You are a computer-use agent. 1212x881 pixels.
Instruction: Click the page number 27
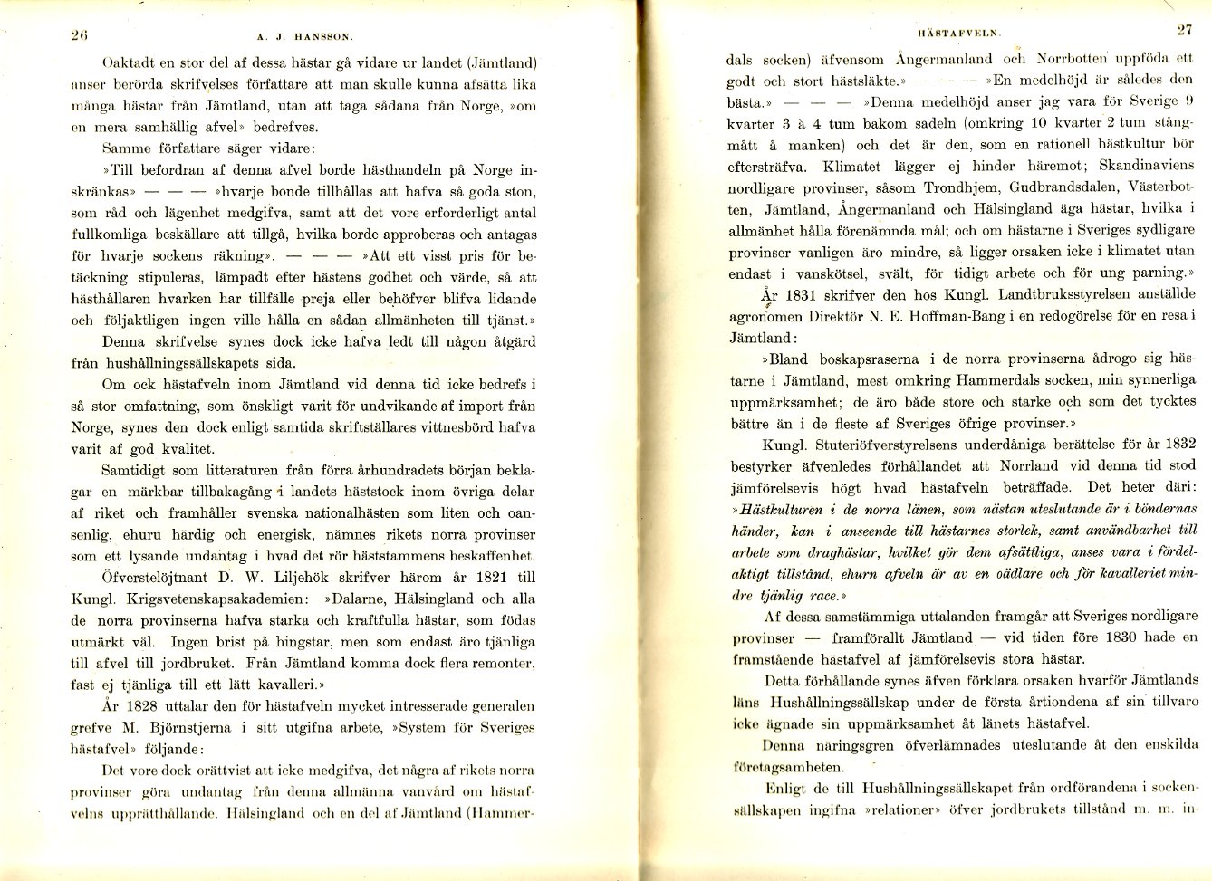click(x=1184, y=29)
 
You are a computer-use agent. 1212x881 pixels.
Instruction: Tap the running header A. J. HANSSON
click(x=305, y=37)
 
